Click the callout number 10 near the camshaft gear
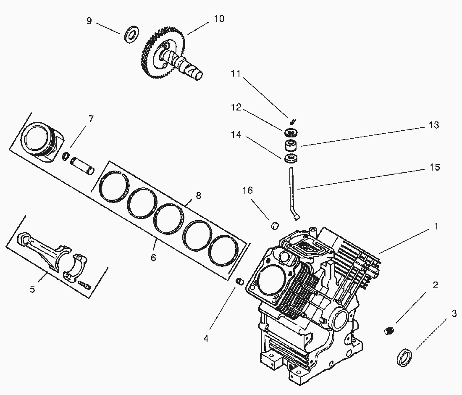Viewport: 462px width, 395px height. pos(219,19)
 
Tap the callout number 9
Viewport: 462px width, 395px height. pos(89,21)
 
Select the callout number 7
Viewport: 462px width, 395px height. pos(91,119)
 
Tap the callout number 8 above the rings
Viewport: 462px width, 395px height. pos(198,195)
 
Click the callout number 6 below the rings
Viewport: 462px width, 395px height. pos(153,257)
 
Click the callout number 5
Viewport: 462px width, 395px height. pos(32,289)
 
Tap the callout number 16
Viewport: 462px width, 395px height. pos(248,190)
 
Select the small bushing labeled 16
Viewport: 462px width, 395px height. pos(275,226)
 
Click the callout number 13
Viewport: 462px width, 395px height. pos(434,125)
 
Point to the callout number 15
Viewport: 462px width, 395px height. pos(435,167)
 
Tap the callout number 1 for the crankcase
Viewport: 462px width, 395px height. pos(436,226)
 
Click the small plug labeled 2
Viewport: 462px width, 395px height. pos(389,331)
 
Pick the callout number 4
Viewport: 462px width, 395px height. pos(206,338)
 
